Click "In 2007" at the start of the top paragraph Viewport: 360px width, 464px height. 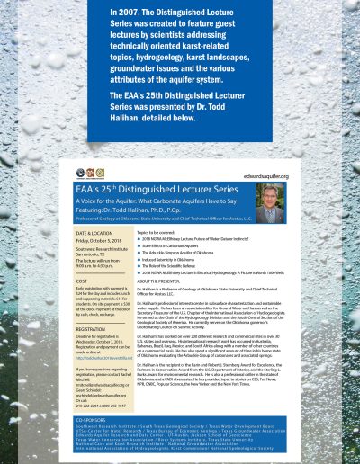pos(125,13)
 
